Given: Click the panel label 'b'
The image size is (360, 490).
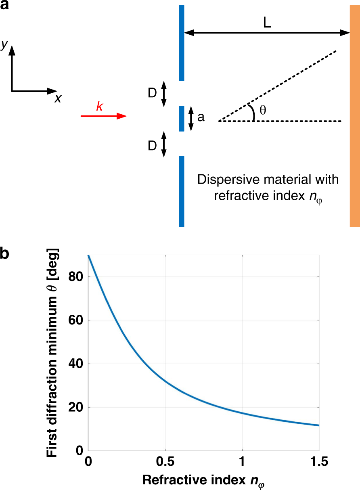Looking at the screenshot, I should click(x=5, y=255).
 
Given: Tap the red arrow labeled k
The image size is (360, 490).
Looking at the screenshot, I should click(x=104, y=116).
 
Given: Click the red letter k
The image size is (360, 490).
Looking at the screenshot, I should click(x=99, y=106).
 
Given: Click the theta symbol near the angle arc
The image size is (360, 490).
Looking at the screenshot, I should click(x=263, y=109).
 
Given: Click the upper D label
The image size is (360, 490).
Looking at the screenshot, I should click(x=152, y=94).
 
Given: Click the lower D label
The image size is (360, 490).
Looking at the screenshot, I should click(x=152, y=145).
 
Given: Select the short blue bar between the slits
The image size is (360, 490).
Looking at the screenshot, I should click(x=182, y=118).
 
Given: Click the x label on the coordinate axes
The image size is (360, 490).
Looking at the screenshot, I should click(x=58, y=98).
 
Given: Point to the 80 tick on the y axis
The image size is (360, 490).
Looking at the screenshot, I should click(x=77, y=277).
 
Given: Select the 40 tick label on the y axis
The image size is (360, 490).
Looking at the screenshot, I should click(x=77, y=364).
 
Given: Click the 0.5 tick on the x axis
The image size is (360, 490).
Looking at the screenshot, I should click(x=165, y=461).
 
